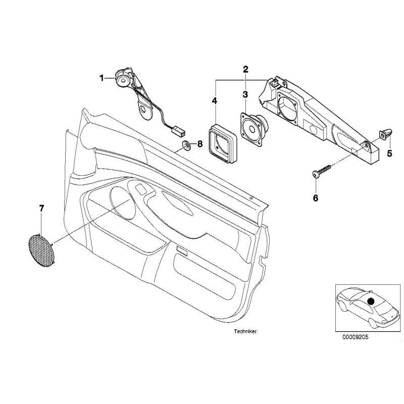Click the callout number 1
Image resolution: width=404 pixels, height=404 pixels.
pyautogui.click(x=102, y=78)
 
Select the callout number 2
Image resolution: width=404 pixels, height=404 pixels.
pyautogui.click(x=245, y=69)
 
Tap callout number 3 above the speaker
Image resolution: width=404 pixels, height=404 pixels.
pyautogui.click(x=245, y=94)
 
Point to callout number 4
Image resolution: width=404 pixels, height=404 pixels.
pyautogui.click(x=215, y=101)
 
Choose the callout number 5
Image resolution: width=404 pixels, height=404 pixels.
pyautogui.click(x=389, y=154)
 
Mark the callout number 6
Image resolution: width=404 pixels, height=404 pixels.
pyautogui.click(x=316, y=197)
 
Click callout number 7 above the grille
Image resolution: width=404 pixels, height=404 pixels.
pyautogui.click(x=41, y=208)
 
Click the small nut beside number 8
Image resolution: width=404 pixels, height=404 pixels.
pyautogui.click(x=186, y=146)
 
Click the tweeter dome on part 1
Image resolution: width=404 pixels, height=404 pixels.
pyautogui.click(x=123, y=79)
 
